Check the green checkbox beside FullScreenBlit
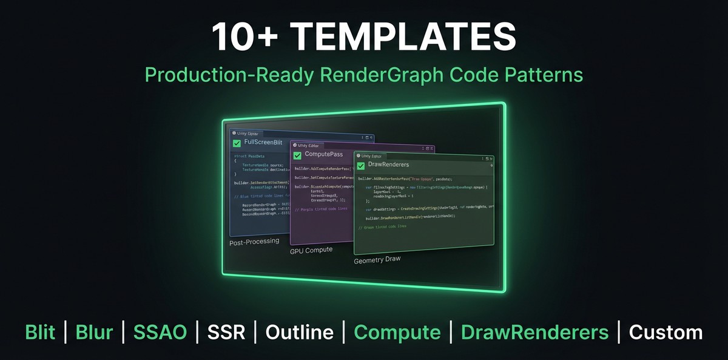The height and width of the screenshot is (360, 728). tap(237, 143)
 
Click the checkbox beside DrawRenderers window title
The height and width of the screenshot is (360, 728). tap(361, 165)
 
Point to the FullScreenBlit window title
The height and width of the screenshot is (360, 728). tap(263, 143)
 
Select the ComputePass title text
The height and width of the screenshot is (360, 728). tap(323, 154)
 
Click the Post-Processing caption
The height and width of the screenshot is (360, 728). tap(254, 241)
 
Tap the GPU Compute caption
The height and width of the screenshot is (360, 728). tap(311, 250)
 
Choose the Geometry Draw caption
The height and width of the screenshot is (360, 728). tap(377, 260)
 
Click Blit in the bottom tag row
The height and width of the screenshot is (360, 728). tap(40, 332)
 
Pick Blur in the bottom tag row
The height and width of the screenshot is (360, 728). tap(94, 332)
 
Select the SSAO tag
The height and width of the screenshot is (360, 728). tap(160, 332)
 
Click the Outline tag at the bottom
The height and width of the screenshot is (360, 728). tap(299, 332)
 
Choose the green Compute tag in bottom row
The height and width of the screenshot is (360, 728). tap(397, 332)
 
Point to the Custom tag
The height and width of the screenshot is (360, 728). tap(666, 332)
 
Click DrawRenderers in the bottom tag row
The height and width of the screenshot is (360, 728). tap(534, 332)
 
